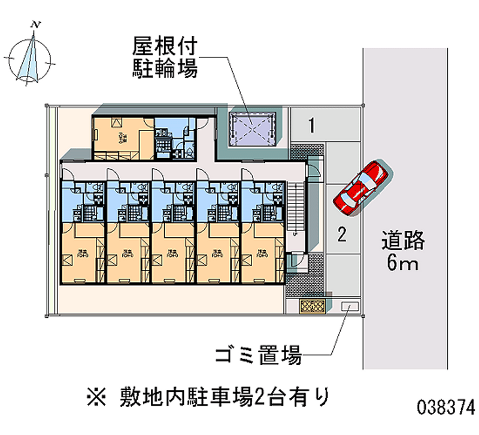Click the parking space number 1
tap(311, 126)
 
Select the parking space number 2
tap(341, 235)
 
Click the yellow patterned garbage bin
tap(312, 306)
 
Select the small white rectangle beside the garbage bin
tap(347, 306)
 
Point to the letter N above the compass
tap(37, 25)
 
